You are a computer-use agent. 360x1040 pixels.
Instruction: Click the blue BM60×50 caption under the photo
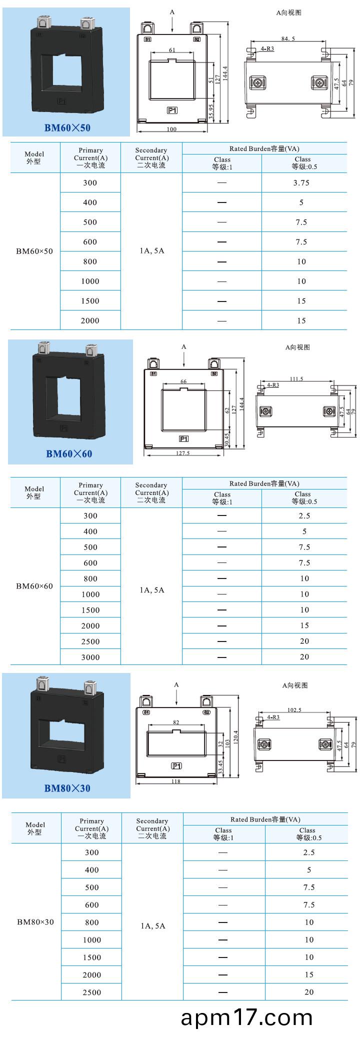pyautogui.click(x=67, y=127)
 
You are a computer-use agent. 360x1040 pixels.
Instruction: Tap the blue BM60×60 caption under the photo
pyautogui.click(x=69, y=453)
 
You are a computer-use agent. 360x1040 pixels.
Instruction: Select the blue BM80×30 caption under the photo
pyautogui.click(x=67, y=788)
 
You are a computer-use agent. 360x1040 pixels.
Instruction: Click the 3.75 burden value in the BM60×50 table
pyautogui.click(x=301, y=183)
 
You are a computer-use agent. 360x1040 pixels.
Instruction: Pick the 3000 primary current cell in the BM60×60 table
pyautogui.click(x=90, y=657)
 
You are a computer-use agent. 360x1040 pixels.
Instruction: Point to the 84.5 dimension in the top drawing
pyautogui.click(x=288, y=38)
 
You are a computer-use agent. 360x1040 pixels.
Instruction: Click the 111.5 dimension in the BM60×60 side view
pyautogui.click(x=296, y=379)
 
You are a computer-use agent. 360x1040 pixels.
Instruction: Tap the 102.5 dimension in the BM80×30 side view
pyautogui.click(x=294, y=710)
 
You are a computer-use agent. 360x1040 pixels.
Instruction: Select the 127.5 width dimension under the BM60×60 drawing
pyautogui.click(x=183, y=453)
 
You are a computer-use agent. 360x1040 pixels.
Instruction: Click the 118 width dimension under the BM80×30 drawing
pyautogui.click(x=175, y=781)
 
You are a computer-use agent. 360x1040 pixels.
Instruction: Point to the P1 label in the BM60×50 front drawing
pyautogui.click(x=172, y=110)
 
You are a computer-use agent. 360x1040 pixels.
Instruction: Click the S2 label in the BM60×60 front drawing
pyautogui.click(x=214, y=373)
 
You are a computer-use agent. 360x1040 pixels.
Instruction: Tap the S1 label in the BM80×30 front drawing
pyautogui.click(x=146, y=712)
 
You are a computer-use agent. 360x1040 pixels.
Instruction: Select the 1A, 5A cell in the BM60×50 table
pyautogui.click(x=151, y=251)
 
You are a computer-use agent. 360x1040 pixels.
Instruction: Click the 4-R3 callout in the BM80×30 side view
pyautogui.click(x=273, y=717)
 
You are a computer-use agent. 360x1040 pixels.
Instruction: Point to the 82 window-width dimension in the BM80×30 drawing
pyautogui.click(x=176, y=722)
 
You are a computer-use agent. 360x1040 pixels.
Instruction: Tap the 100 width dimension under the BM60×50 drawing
pyautogui.click(x=171, y=129)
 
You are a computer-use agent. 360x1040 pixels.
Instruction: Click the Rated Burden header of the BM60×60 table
pyautogui.click(x=264, y=483)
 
